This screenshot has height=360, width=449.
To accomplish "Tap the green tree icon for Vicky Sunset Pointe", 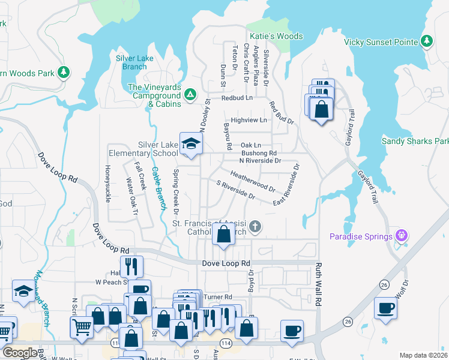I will (427, 41).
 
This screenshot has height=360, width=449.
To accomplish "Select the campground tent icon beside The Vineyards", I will (190, 95).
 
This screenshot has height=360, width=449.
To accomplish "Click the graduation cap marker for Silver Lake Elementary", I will (191, 144).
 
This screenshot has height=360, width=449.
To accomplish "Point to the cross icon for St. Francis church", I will (255, 226).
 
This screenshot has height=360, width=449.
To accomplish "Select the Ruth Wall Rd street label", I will (319, 285).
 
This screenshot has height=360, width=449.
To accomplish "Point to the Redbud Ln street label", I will (237, 97).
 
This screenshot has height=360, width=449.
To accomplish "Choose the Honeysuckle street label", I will (108, 183).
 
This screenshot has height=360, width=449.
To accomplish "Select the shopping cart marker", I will (82, 327).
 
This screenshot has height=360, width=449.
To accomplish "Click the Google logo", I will (20, 353).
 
